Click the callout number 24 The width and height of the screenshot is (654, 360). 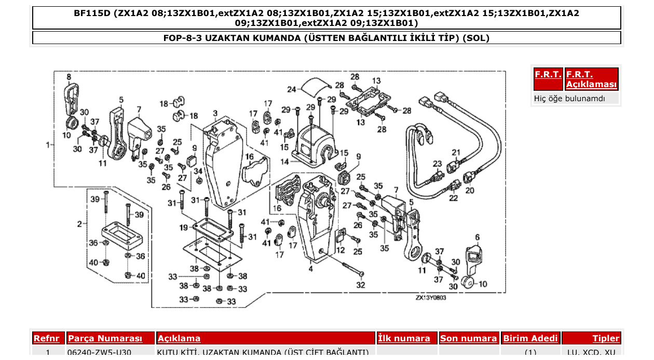click(291, 89)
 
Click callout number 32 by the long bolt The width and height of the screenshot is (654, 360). click(360, 285)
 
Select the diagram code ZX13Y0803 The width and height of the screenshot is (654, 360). click(430, 298)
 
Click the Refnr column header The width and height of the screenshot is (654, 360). click(49, 338)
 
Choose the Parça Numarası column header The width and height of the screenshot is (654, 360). click(105, 338)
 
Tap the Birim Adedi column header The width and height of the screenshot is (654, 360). click(530, 338)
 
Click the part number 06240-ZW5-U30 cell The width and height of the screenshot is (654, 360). click(99, 353)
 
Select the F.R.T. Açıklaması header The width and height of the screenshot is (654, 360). click(591, 79)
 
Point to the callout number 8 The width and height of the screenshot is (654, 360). click(69, 77)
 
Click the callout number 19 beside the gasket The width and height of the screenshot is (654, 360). click(184, 227)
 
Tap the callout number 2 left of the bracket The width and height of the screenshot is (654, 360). click(79, 224)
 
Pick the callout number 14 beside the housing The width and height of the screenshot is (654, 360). click(284, 162)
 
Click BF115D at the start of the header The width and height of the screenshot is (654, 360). click(92, 13)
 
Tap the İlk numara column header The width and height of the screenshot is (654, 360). click(404, 338)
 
